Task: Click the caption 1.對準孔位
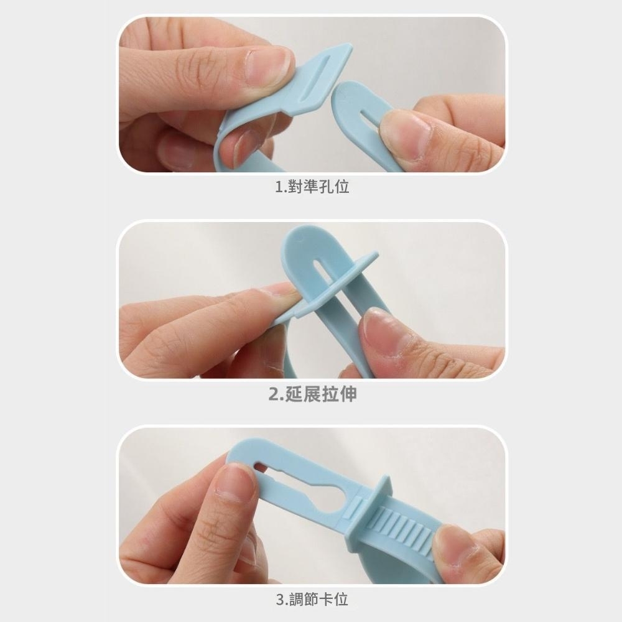[312, 187]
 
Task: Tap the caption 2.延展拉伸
[313, 394]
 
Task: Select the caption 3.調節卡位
[312, 599]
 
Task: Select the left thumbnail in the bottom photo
[236, 480]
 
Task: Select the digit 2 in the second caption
[274, 394]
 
